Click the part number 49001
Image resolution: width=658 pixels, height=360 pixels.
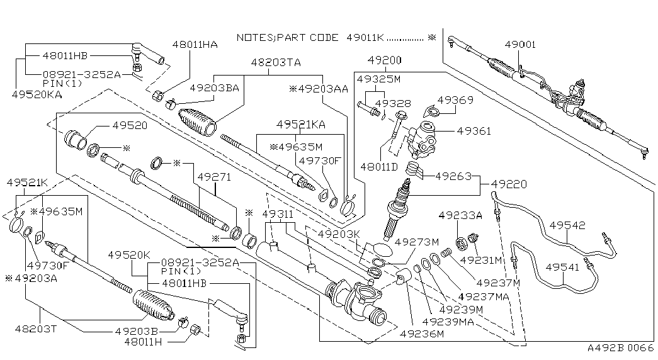point(520,45)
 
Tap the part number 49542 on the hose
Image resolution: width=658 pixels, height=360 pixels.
point(567,225)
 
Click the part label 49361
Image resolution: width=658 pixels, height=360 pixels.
point(474,131)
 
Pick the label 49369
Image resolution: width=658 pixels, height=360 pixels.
point(455,99)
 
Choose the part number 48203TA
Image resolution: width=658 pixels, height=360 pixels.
point(276,62)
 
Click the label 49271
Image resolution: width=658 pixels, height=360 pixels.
point(215,177)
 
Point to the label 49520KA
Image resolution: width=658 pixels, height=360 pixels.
point(37,94)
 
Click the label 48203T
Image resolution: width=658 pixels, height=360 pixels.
point(36,329)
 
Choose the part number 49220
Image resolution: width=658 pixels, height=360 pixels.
point(509,184)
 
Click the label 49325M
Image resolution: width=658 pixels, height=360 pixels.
point(378,80)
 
